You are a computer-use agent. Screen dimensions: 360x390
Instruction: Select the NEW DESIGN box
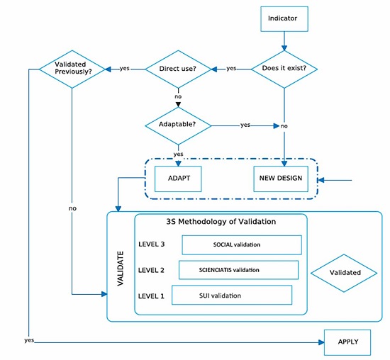click(x=280, y=178)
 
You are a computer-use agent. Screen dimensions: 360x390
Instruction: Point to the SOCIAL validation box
click(x=242, y=244)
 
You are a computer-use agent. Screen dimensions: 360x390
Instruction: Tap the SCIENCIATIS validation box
click(x=238, y=270)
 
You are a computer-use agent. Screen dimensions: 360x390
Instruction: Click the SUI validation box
click(x=231, y=295)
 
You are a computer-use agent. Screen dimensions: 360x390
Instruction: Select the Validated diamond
click(x=345, y=272)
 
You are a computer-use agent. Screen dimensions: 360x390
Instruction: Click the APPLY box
click(x=347, y=342)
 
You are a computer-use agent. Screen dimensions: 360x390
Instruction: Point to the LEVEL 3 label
click(x=152, y=244)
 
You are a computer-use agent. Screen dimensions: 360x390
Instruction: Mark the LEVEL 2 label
click(x=152, y=270)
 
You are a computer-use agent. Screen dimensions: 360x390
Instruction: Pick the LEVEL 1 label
click(x=152, y=295)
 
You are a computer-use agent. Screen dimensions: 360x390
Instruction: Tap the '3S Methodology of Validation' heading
click(x=221, y=222)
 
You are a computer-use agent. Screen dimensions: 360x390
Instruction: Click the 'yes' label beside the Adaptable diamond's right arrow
click(x=245, y=125)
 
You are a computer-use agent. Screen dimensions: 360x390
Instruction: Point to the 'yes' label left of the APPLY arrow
click(x=29, y=341)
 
